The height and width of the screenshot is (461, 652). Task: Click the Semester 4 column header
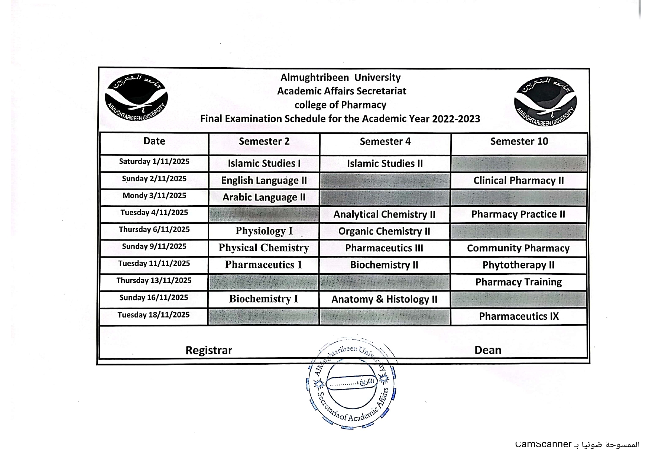tap(385, 141)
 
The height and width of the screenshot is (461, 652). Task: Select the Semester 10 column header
tap(519, 141)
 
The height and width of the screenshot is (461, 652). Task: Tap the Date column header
tap(154, 141)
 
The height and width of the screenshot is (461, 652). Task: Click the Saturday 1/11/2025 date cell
tap(154, 161)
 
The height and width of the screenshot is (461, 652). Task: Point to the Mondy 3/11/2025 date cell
tap(154, 196)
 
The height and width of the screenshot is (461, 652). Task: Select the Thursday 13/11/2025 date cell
tap(154, 280)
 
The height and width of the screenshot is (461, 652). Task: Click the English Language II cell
tap(264, 180)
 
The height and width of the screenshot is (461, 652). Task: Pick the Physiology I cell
tap(264, 231)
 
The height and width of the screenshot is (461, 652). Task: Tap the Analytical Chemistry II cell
tap(384, 215)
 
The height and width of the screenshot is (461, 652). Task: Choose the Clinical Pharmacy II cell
tap(519, 180)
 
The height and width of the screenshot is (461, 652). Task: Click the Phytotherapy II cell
tap(518, 265)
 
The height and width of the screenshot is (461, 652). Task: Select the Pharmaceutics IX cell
tap(519, 316)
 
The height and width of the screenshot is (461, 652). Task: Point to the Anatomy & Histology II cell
tap(384, 299)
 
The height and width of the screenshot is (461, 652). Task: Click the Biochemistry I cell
tap(263, 299)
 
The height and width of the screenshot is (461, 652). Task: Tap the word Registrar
tap(209, 350)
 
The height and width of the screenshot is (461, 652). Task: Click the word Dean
tap(488, 350)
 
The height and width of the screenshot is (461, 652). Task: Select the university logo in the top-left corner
tap(136, 97)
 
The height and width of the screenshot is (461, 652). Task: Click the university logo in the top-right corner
tap(545, 102)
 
